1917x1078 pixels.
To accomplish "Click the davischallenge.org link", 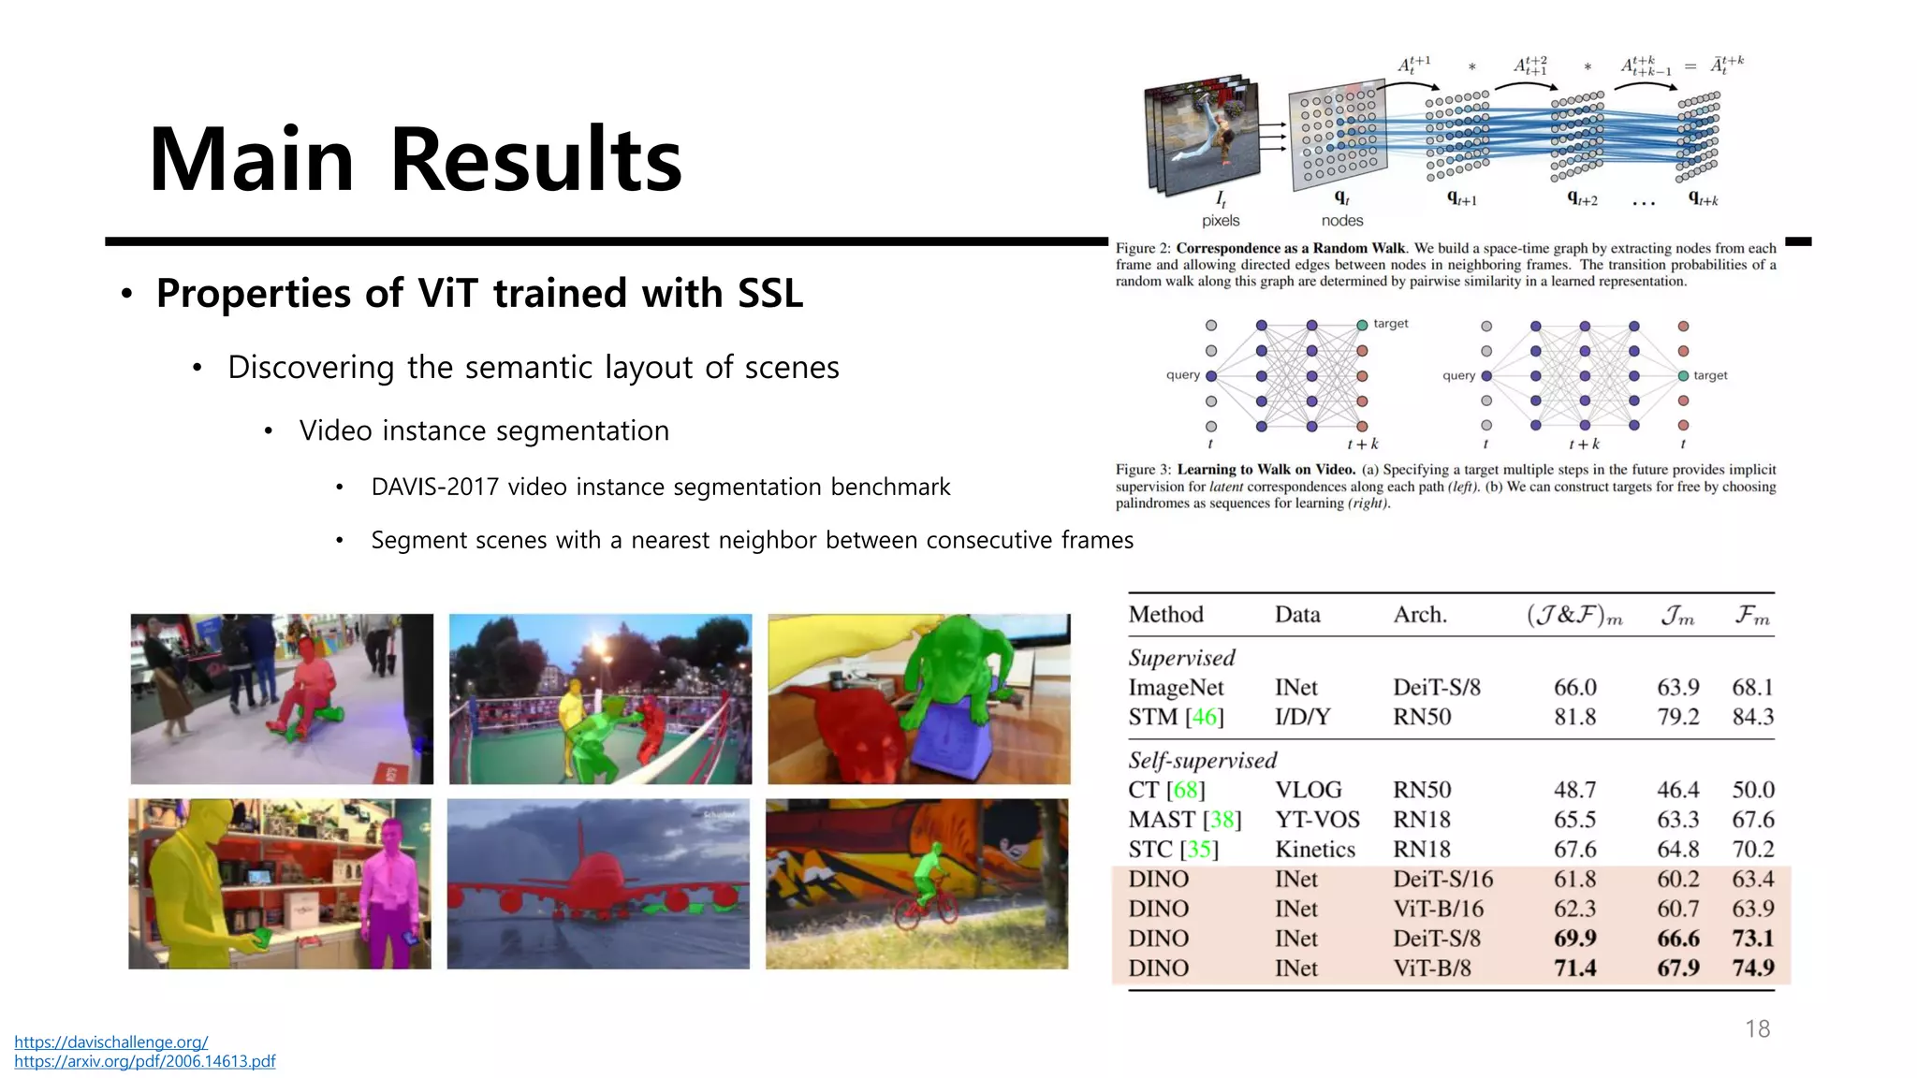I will (110, 1042).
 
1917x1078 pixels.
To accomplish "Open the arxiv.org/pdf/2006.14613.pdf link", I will (144, 1061).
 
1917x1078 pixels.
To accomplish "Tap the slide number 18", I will (1757, 1029).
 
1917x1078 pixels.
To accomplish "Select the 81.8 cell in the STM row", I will (1574, 717).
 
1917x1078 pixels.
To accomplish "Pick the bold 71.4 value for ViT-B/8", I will (1574, 968).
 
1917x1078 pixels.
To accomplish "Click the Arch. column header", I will (1419, 615).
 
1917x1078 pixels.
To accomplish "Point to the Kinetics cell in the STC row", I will (1314, 850).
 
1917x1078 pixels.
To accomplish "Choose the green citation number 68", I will (1185, 790).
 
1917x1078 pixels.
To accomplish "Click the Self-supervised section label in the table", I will (1202, 760).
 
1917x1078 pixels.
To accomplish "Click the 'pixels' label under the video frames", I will (1220, 221).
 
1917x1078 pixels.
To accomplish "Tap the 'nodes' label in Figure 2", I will (1341, 221).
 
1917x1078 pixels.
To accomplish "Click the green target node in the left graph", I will (1362, 326).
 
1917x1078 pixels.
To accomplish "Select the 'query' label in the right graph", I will (1458, 375).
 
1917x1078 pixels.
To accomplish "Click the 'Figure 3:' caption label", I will (1143, 470).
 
